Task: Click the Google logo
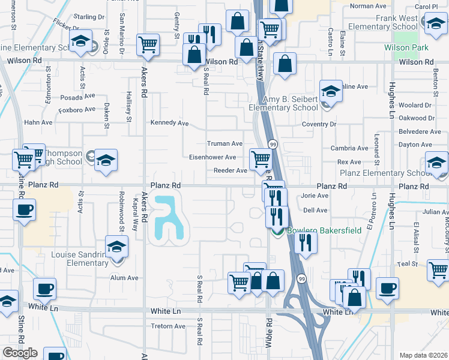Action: click(x=20, y=353)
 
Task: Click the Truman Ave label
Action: click(x=224, y=144)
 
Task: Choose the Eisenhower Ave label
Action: click(x=213, y=157)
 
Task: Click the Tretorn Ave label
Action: click(x=168, y=326)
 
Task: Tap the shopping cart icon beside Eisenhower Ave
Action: click(x=260, y=159)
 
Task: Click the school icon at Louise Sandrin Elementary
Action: click(x=116, y=246)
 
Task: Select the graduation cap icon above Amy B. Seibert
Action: click(x=330, y=91)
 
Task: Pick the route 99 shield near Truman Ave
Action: click(x=273, y=145)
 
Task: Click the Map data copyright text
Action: click(x=423, y=355)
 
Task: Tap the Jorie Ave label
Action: click(x=315, y=196)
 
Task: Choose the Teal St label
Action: click(x=406, y=263)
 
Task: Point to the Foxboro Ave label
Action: click(x=78, y=109)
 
